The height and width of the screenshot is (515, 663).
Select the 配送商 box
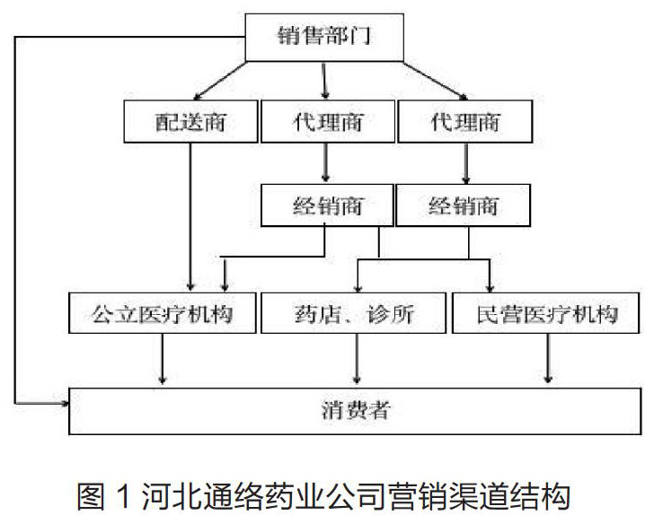(x=190, y=120)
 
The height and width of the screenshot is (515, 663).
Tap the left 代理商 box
(x=327, y=120)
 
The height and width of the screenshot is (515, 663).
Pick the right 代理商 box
(x=464, y=120)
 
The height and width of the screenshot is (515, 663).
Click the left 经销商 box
(x=327, y=205)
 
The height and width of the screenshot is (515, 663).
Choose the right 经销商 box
(x=463, y=205)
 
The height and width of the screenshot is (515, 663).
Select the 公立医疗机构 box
(x=162, y=313)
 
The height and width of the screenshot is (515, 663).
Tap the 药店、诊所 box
(x=355, y=313)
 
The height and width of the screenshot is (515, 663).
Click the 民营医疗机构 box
(x=546, y=313)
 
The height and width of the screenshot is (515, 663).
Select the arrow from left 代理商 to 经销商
(x=325, y=162)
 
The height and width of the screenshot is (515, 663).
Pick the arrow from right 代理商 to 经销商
(x=465, y=162)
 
